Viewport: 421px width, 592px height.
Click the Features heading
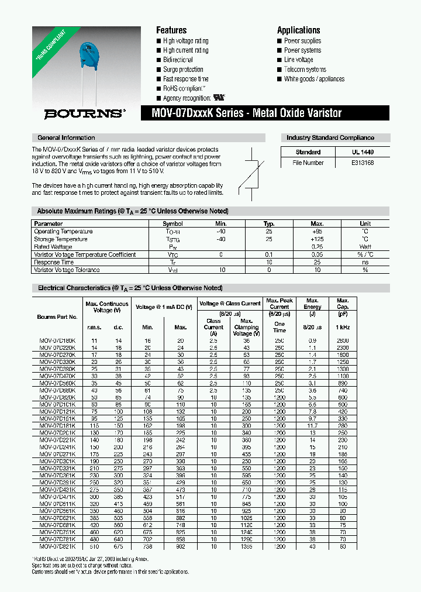[x=171, y=30]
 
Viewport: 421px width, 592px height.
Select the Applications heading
[x=298, y=30]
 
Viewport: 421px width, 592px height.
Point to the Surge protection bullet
[x=183, y=70]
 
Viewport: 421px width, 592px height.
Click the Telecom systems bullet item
[x=305, y=70]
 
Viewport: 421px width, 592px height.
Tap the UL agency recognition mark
[x=219, y=98]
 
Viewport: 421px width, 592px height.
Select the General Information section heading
[x=66, y=138]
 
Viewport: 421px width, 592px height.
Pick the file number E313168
[x=362, y=163]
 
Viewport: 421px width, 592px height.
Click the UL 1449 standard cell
[x=362, y=152]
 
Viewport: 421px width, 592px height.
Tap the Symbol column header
[x=172, y=223]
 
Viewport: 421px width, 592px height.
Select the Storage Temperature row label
[x=61, y=239]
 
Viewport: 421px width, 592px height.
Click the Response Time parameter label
[x=54, y=262]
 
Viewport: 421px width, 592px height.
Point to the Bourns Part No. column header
[x=57, y=317]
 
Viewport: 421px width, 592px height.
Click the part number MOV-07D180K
[x=57, y=340]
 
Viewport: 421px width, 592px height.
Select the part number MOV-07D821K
[x=57, y=546]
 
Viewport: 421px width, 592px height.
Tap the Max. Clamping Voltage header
[x=246, y=327]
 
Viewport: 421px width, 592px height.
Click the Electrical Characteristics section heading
[x=130, y=288]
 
